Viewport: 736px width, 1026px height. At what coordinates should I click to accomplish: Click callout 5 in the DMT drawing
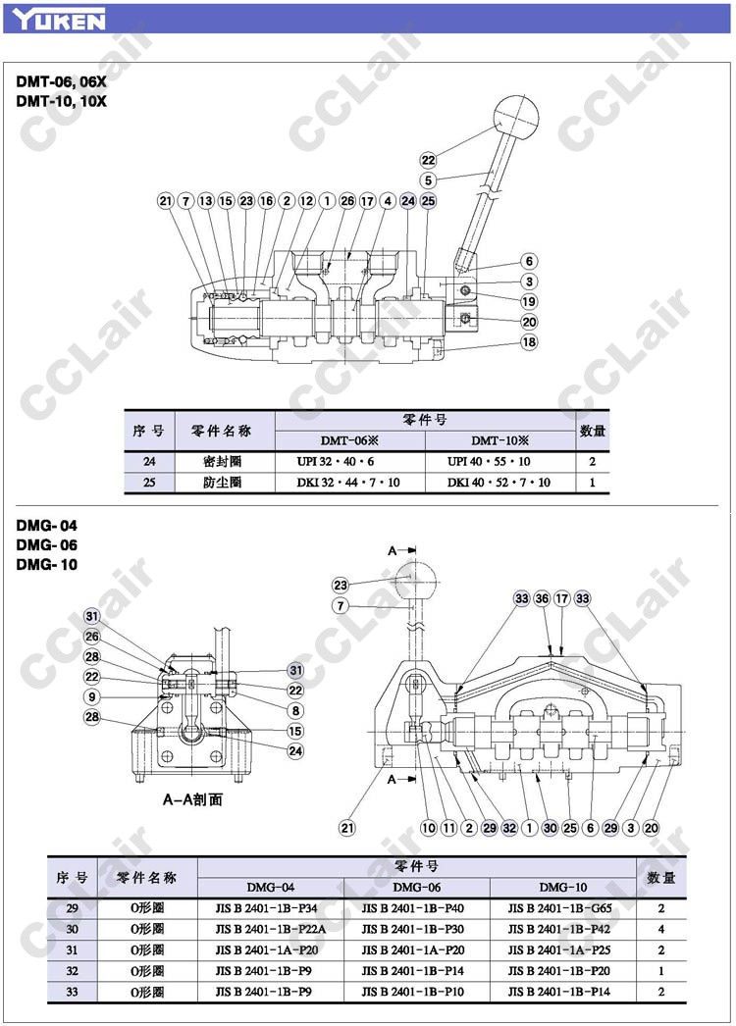point(428,180)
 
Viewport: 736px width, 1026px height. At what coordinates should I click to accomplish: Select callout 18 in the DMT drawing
point(529,342)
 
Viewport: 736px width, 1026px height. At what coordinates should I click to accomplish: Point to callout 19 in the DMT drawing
point(529,301)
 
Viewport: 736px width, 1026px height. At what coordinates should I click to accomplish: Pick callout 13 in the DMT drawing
point(205,201)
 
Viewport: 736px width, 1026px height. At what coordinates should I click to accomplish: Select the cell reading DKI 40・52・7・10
point(499,483)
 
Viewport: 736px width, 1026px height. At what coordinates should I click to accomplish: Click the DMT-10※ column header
point(499,440)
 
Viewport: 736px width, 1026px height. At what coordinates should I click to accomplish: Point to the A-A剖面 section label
point(192,799)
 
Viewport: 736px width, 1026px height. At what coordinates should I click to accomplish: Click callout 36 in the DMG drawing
point(542,598)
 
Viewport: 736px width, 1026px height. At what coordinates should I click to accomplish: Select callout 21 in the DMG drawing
point(346,828)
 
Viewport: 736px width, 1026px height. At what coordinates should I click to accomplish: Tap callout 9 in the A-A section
point(91,696)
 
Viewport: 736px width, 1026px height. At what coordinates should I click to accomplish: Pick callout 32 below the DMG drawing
point(509,828)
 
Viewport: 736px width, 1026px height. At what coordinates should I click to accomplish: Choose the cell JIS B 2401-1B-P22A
point(271,929)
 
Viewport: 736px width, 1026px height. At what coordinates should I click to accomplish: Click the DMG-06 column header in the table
point(418,887)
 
